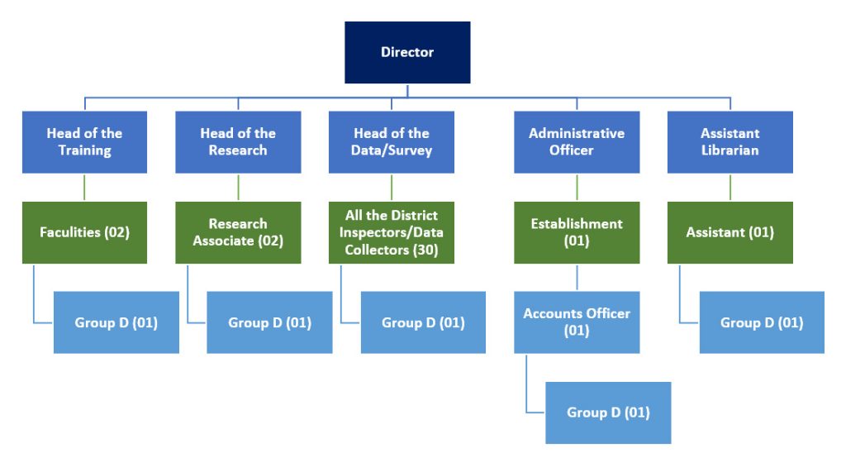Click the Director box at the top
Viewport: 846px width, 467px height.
[407, 53]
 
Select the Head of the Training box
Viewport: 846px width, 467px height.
[84, 142]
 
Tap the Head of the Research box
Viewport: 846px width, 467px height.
[238, 142]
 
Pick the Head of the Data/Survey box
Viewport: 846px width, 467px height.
[392, 142]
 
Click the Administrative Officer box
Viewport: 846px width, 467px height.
[577, 142]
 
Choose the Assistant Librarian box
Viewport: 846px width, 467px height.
[730, 142]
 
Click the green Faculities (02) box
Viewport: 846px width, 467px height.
[84, 232]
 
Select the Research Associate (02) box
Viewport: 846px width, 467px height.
[238, 232]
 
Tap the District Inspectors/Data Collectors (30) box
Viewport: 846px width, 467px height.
[392, 232]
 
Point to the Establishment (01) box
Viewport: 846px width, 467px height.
[577, 232]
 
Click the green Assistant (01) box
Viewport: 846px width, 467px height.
[730, 232]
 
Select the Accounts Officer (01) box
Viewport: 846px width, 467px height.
[577, 322]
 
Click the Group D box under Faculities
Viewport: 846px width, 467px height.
[116, 322]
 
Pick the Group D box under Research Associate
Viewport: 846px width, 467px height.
[269, 322]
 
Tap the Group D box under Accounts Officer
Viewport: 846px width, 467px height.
[608, 412]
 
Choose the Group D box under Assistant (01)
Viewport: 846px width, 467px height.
[762, 322]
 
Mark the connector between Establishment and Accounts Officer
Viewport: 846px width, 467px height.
[577, 278]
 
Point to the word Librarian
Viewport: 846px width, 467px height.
[730, 150]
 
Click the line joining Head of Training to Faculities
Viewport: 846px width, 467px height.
[84, 188]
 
